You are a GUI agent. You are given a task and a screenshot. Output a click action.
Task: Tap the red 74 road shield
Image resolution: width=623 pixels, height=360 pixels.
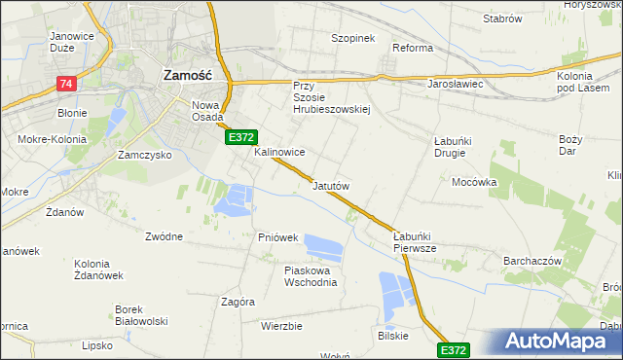point(66,84)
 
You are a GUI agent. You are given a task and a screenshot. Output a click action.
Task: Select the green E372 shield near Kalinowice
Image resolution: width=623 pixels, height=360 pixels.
point(241,139)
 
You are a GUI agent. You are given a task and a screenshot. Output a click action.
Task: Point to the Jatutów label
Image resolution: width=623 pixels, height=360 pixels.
point(331,185)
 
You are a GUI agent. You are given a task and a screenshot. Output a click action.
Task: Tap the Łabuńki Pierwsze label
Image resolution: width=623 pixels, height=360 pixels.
point(421,241)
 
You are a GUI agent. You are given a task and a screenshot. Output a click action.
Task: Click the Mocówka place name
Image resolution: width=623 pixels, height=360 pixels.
point(474,182)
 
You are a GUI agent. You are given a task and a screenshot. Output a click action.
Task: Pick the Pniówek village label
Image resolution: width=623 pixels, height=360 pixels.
point(277,237)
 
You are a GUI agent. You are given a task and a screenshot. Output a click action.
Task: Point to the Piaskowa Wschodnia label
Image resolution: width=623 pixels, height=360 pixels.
point(311,276)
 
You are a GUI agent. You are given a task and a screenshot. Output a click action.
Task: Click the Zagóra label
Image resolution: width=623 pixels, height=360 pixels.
point(238,302)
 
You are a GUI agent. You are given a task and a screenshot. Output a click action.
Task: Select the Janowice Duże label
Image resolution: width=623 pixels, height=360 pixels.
point(78,43)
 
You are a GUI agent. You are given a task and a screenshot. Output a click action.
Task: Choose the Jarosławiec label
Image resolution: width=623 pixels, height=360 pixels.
point(456,84)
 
